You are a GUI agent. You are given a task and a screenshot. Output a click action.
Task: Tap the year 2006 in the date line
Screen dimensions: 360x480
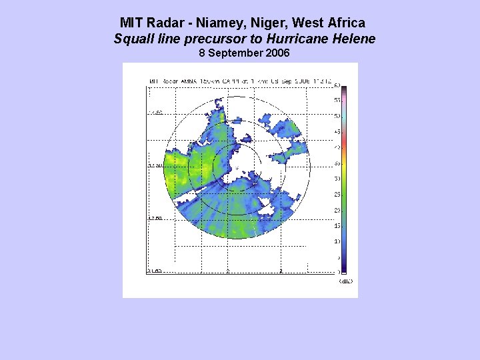277,53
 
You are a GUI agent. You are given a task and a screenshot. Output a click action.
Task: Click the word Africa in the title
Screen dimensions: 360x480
345,23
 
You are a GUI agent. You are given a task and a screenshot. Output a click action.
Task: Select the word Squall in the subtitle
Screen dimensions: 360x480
131,39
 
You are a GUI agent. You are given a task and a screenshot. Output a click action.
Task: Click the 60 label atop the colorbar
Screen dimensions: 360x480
337,85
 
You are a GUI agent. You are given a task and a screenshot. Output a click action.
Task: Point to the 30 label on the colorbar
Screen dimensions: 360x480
337,179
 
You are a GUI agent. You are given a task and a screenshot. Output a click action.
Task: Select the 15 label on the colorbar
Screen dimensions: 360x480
337,225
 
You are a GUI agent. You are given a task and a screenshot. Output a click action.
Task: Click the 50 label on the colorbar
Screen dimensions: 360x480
337,116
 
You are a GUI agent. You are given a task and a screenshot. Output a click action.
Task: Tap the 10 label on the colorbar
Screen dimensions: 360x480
337,241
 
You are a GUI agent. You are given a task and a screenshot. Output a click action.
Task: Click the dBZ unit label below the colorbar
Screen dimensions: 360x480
345,281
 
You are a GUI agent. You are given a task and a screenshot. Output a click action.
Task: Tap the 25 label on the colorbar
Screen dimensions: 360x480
337,194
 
